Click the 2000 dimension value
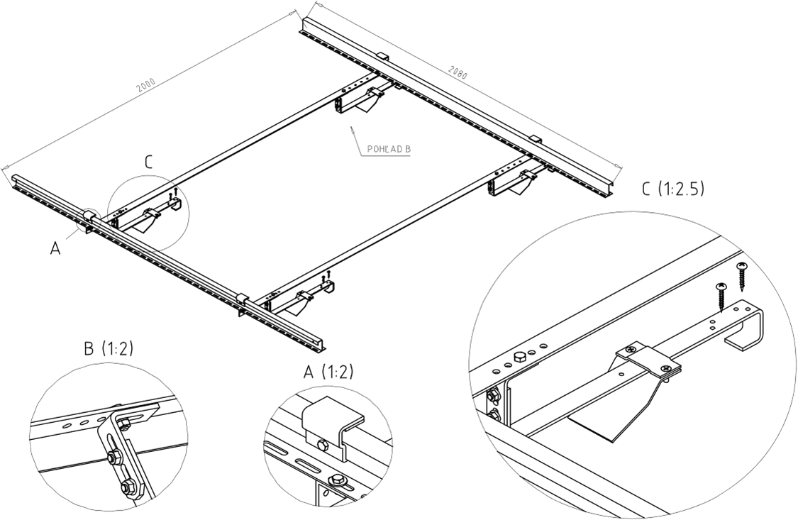[147, 83]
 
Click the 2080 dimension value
[458, 72]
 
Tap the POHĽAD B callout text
[388, 150]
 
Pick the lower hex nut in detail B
[128, 487]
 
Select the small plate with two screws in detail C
[648, 360]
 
